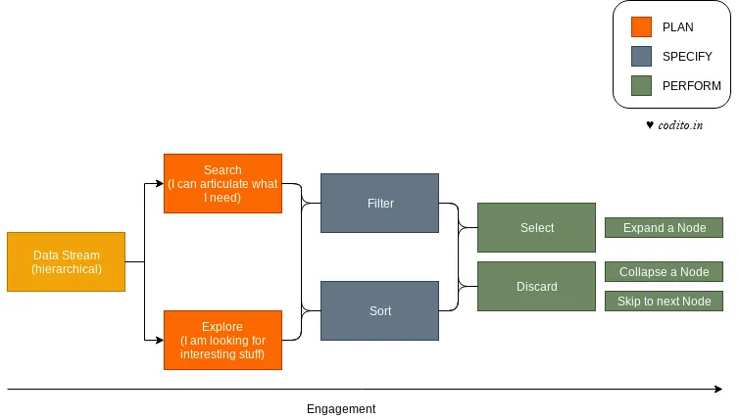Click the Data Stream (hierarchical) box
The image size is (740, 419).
[66, 261]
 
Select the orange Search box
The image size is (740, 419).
[222, 183]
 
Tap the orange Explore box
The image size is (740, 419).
[222, 340]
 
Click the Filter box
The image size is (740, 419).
[379, 203]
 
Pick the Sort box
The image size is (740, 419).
[379, 310]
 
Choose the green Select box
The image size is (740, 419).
[536, 227]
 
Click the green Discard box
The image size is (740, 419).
[536, 286]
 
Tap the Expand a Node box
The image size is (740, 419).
[664, 227]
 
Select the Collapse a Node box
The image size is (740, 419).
[664, 271]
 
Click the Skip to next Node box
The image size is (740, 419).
[664, 301]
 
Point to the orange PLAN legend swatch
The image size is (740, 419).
[642, 27]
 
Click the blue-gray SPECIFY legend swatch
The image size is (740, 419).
[642, 57]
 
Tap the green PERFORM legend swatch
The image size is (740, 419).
[642, 86]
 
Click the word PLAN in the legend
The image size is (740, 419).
[677, 27]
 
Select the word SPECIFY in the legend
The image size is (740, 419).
[687, 57]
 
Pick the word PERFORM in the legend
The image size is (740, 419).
[691, 86]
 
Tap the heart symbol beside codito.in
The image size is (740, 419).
[650, 125]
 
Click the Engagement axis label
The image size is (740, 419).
[340, 408]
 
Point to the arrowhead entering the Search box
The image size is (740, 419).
[159, 183]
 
